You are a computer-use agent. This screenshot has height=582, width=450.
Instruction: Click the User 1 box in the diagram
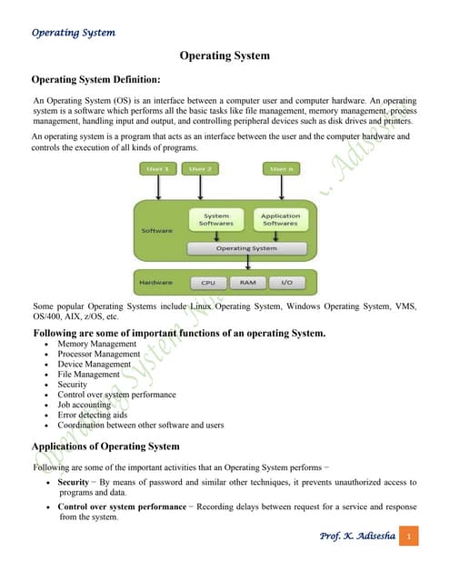pyautogui.click(x=158, y=169)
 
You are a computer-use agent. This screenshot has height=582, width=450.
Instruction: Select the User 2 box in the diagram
pyautogui.click(x=199, y=169)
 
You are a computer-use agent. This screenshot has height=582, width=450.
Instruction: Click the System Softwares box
pyautogui.click(x=216, y=219)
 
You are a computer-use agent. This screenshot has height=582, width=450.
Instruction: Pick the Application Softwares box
pyautogui.click(x=280, y=219)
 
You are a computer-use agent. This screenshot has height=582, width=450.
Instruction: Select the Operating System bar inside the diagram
pyautogui.click(x=246, y=247)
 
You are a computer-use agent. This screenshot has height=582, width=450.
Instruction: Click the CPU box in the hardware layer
pyautogui.click(x=206, y=283)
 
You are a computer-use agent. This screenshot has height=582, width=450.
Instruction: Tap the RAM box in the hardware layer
pyautogui.click(x=247, y=283)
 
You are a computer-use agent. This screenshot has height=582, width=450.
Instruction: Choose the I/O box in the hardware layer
pyautogui.click(x=286, y=283)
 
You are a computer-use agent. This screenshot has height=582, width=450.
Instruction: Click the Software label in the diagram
pyautogui.click(x=156, y=231)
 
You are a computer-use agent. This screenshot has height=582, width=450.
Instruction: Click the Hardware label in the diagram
pyautogui.click(x=156, y=283)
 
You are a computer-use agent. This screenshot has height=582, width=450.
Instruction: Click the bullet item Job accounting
pyautogui.click(x=88, y=405)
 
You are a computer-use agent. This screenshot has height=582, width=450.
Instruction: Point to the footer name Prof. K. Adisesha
pyautogui.click(x=357, y=537)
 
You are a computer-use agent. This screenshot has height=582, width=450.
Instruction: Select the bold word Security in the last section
pyautogui.click(x=73, y=482)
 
